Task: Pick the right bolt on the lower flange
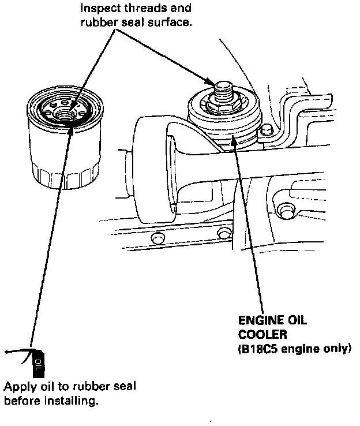coord(224,233)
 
